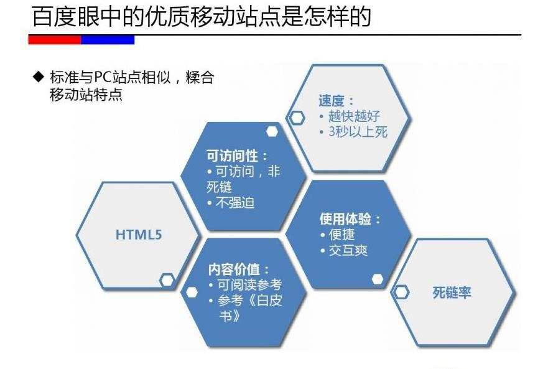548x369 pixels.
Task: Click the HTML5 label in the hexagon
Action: click(138, 235)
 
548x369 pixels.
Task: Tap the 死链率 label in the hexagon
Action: click(452, 292)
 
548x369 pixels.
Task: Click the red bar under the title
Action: click(55, 40)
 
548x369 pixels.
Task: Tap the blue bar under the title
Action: click(108, 40)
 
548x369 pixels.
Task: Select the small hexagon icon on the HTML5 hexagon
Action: click(166, 280)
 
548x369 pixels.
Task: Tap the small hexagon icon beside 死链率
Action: click(402, 291)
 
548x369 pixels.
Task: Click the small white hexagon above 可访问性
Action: click(272, 131)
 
